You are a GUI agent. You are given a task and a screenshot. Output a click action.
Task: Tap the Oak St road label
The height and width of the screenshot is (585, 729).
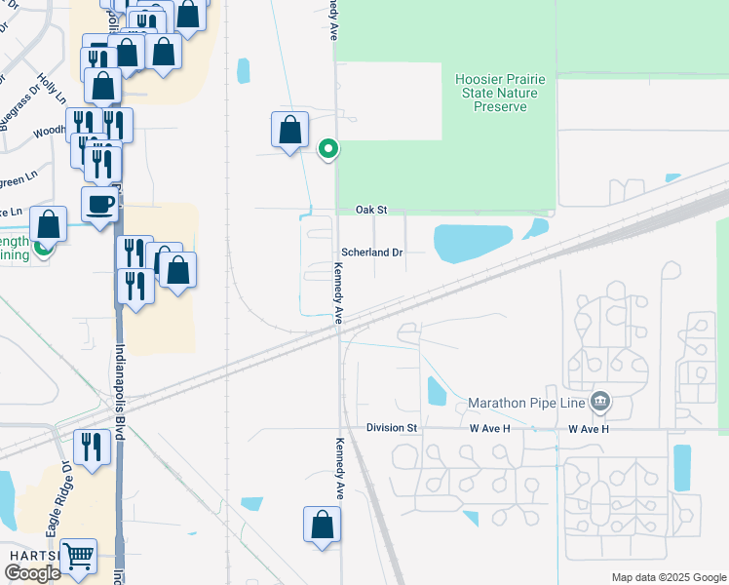point(371,210)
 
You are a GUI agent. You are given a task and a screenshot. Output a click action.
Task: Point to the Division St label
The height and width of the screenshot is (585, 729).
point(392,428)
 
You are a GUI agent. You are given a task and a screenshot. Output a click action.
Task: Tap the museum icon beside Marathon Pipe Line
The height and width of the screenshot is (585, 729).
point(599,401)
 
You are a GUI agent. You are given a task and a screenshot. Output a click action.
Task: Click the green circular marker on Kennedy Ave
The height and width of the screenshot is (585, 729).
point(329,149)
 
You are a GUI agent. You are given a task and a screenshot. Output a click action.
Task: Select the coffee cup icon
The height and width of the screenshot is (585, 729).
point(99,205)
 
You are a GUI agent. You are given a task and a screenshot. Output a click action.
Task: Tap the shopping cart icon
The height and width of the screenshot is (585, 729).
point(79,557)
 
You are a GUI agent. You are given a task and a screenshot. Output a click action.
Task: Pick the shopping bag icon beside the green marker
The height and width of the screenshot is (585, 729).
point(289,130)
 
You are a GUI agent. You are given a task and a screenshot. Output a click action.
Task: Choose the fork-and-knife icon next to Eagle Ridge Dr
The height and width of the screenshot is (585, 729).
point(92,447)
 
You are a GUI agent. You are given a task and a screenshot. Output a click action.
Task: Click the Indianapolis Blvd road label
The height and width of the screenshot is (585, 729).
point(120,391)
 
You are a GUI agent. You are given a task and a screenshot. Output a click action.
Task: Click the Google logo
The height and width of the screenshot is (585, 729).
point(32,573)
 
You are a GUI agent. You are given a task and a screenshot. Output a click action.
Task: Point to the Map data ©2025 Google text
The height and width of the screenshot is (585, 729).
point(668,577)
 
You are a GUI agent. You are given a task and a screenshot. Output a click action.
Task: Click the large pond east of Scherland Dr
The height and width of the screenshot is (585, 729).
point(472,243)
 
